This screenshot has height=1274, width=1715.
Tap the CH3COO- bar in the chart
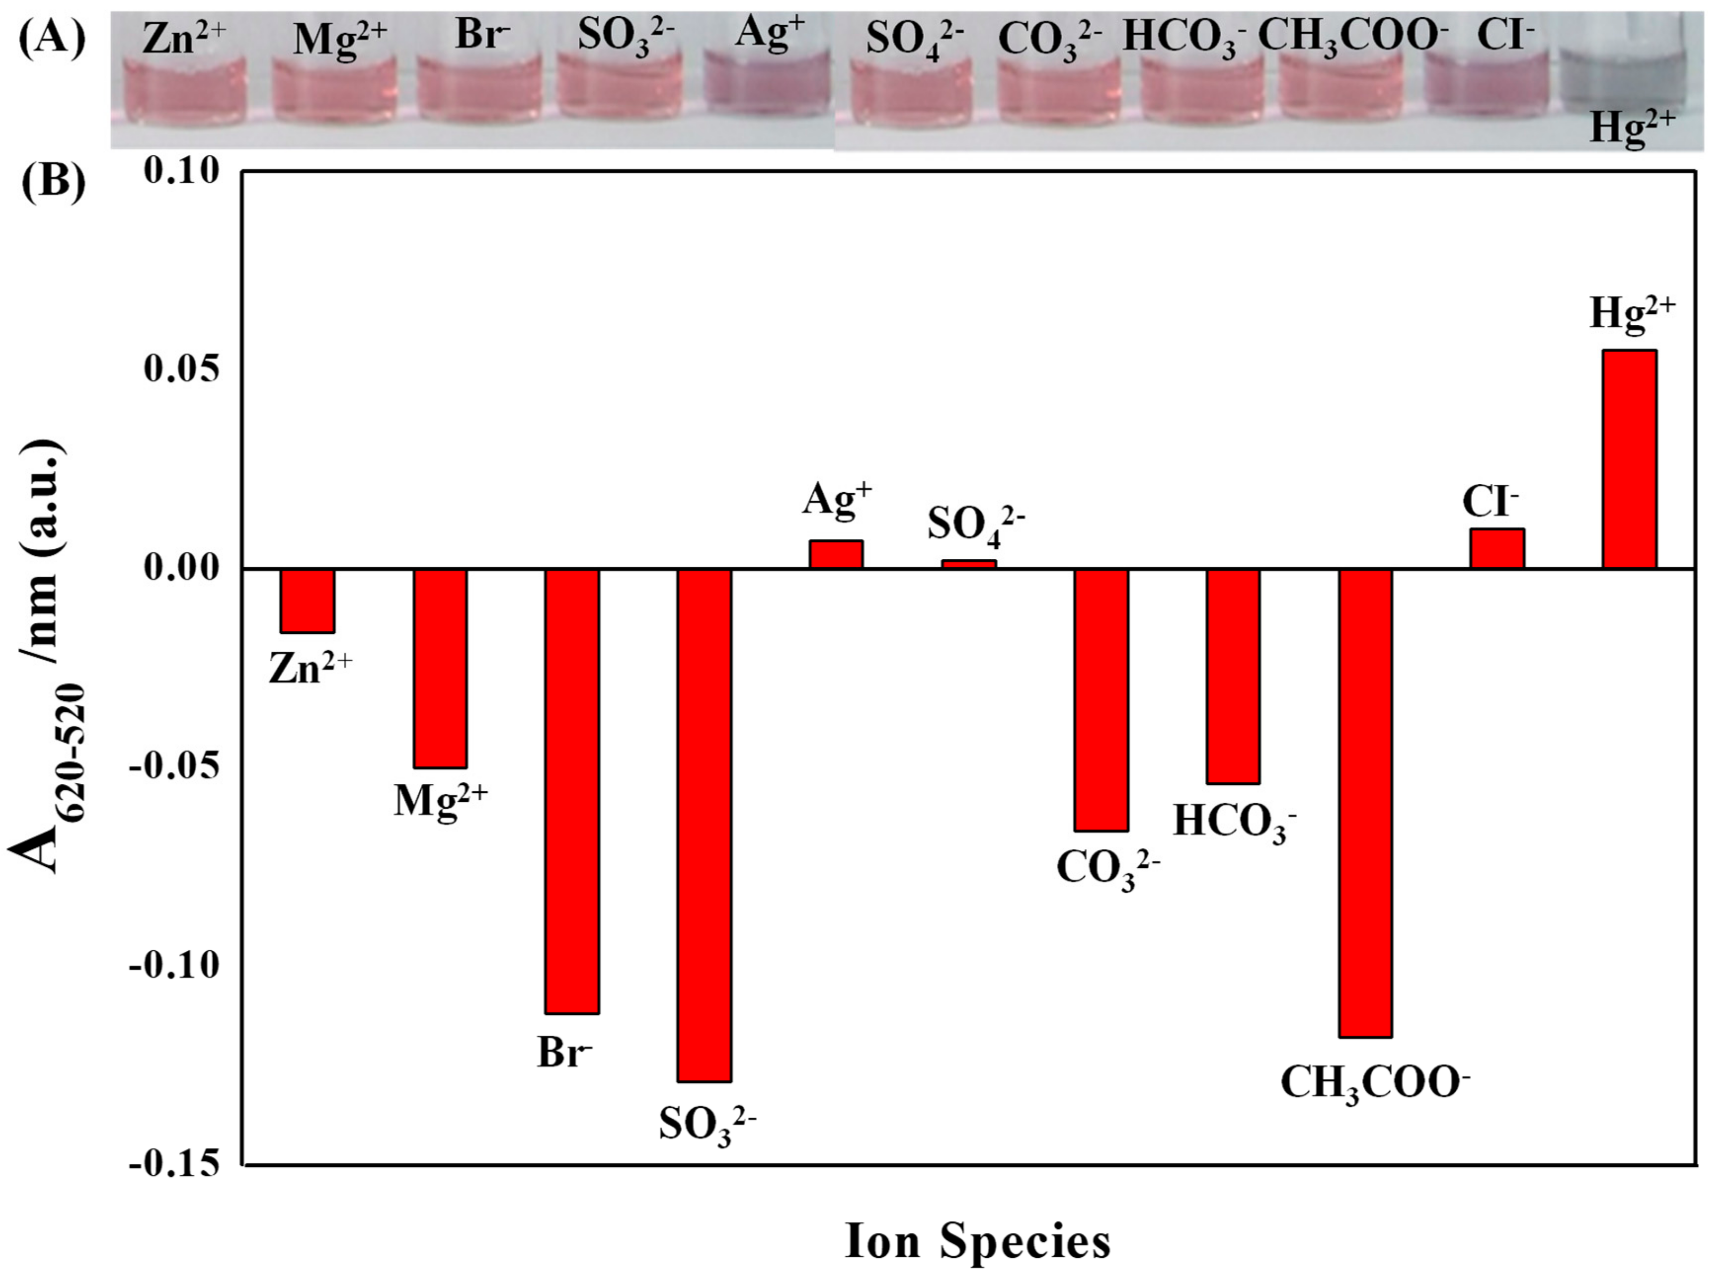(x=1365, y=802)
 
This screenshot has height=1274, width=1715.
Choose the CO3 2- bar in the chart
(x=1101, y=699)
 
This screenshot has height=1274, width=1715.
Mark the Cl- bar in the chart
(x=1497, y=548)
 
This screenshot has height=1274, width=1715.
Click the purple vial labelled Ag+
(x=767, y=89)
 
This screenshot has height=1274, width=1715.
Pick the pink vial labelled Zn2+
(x=185, y=92)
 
